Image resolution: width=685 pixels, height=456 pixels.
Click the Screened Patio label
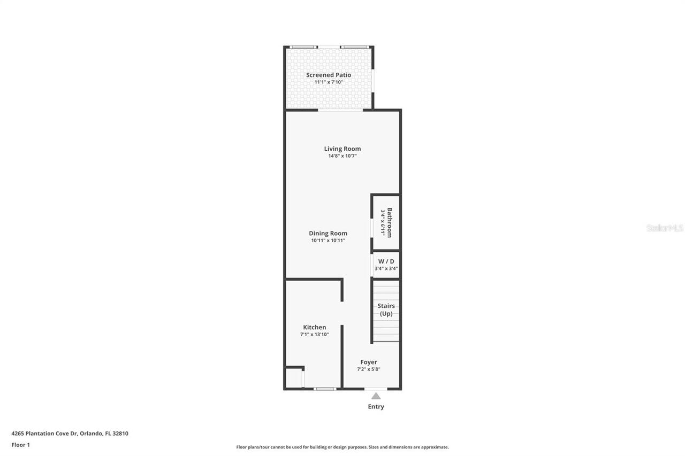(329, 75)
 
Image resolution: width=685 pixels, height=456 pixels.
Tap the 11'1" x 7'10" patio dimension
(329, 82)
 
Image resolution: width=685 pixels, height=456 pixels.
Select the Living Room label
(342, 149)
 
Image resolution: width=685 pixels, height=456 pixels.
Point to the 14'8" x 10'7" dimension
(342, 156)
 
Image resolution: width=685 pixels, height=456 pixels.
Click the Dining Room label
(328, 233)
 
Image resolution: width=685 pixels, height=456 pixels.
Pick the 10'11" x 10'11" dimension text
(328, 241)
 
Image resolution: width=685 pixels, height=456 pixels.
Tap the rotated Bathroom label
(390, 222)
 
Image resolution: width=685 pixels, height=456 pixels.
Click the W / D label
(386, 261)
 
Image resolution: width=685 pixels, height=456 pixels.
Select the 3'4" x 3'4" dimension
(386, 268)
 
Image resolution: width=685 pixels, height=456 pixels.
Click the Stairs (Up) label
(386, 310)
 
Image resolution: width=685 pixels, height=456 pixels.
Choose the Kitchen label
(315, 327)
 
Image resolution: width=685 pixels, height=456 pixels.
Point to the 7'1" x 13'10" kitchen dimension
(315, 335)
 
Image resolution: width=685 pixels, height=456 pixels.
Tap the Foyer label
(369, 362)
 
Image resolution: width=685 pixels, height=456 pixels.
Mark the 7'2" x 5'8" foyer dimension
(369, 369)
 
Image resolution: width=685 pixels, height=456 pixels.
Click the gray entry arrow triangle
(376, 396)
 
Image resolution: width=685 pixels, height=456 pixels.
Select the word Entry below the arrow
(376, 407)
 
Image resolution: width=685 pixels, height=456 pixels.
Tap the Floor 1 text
(21, 444)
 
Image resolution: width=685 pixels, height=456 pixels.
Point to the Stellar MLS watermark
(665, 228)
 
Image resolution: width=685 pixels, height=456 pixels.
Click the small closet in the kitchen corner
(294, 378)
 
